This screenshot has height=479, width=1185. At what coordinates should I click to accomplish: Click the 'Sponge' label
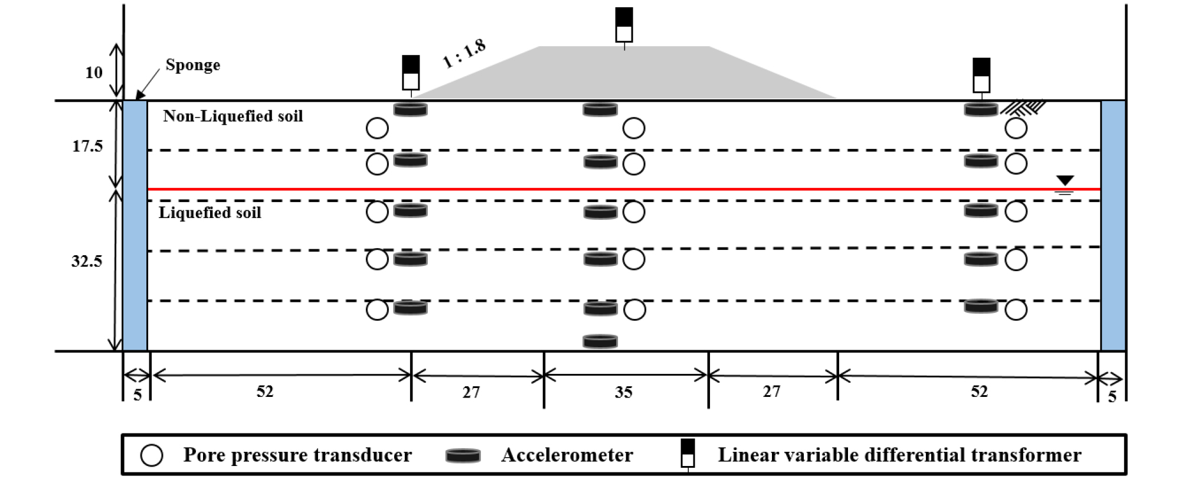point(192,65)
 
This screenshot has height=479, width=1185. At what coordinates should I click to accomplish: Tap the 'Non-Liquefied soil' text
point(233,116)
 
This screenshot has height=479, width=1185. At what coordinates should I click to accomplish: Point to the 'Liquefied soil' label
point(209,213)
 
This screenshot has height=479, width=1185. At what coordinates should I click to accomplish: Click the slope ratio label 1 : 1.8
point(464,54)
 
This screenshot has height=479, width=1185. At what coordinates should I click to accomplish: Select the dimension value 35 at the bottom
point(623,392)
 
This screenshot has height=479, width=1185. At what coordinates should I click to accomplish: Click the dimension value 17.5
point(87,146)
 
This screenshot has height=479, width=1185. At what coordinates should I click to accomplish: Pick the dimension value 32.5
point(87,261)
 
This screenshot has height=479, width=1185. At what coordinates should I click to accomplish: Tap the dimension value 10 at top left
point(94,73)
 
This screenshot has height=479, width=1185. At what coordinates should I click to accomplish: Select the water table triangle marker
point(1065,181)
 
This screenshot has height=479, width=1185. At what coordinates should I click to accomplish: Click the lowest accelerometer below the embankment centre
point(600,341)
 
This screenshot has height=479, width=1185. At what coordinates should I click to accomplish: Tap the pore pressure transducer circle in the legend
point(152,455)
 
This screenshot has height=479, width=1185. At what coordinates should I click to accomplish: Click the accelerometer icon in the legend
point(463,455)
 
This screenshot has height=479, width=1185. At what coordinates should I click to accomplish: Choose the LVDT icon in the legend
point(688,455)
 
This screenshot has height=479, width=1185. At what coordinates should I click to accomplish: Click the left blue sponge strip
point(135,226)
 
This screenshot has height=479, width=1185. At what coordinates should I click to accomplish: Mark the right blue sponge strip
point(1113,226)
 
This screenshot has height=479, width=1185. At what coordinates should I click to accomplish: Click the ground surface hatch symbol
point(1023,107)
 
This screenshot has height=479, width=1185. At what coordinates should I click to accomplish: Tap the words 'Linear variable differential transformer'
point(899,455)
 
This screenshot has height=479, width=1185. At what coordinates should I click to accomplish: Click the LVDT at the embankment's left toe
point(411,74)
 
